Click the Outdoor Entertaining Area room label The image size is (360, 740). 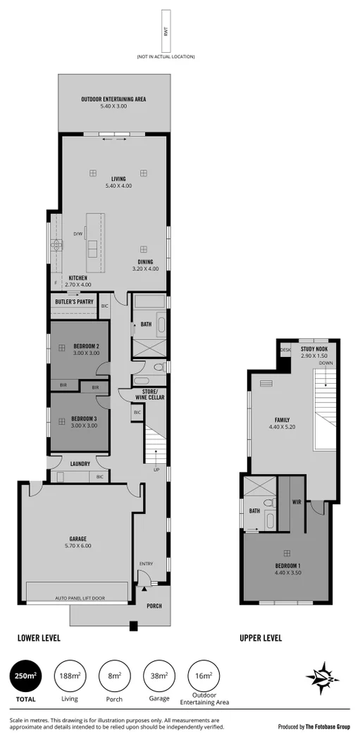point(113,100)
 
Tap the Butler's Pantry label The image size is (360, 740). point(74,303)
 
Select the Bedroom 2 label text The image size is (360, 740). point(85,346)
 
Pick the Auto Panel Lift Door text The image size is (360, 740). point(80,598)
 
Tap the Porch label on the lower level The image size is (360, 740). point(154,606)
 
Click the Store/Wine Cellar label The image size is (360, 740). point(149,394)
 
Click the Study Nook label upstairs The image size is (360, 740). point(314,349)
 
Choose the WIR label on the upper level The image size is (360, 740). point(297,502)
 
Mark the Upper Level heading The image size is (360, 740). point(261,639)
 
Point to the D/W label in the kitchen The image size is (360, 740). point(78,234)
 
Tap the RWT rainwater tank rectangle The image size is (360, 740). point(166,31)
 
